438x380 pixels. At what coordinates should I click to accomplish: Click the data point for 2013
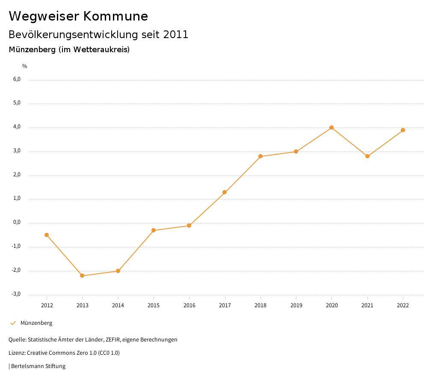click(83, 276)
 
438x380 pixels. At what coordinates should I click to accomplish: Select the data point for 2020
click(331, 128)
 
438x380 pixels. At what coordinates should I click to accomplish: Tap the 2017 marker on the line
click(225, 192)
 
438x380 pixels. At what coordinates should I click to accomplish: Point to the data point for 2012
click(47, 235)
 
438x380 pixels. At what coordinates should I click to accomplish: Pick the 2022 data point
click(403, 130)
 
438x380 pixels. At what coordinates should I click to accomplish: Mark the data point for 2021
click(367, 156)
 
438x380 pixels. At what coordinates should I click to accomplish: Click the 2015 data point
click(154, 230)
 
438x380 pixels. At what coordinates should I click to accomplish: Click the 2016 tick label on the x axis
click(189, 305)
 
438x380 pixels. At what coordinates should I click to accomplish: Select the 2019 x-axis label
click(296, 305)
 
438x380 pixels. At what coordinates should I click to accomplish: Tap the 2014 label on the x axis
click(118, 305)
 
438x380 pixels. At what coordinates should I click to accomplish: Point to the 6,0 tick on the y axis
click(17, 79)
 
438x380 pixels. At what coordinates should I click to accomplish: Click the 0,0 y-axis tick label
click(17, 223)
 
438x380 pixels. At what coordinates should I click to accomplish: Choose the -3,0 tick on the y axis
click(16, 294)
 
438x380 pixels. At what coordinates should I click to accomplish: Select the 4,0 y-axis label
click(17, 127)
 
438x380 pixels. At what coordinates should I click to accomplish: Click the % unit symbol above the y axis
click(25, 66)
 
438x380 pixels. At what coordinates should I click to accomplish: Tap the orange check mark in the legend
click(13, 323)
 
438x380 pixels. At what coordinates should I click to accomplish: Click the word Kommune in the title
click(115, 16)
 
